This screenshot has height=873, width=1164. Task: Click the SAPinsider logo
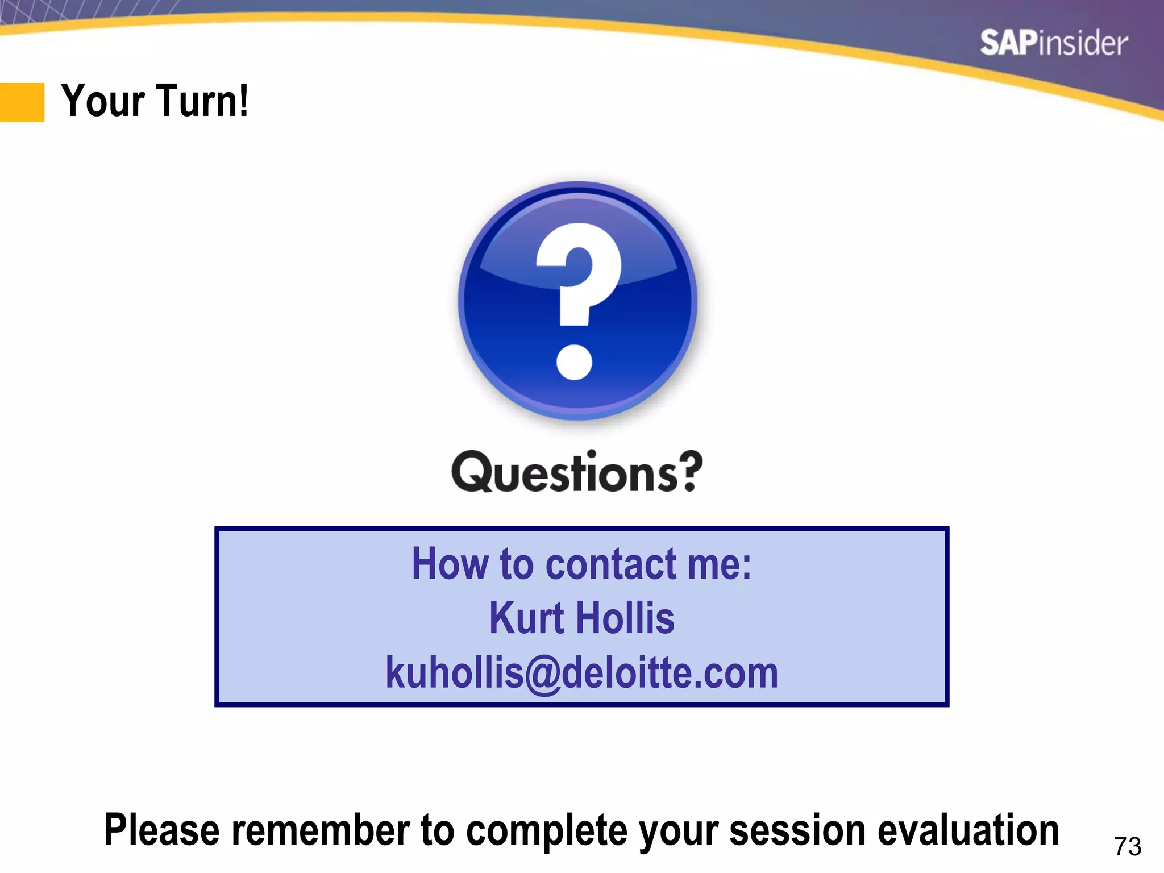pos(1054,43)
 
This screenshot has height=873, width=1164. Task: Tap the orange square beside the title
pos(22,102)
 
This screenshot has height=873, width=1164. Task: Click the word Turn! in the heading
pos(202,101)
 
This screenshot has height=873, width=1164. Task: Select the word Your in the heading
pos(103,101)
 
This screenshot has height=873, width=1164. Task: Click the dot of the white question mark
pos(575,361)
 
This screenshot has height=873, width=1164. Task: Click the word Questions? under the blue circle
pos(577,472)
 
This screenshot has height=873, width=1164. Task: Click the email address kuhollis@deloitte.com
pos(581,672)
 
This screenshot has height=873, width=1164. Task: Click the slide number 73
pos(1128,846)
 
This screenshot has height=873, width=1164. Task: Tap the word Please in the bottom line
pos(161,830)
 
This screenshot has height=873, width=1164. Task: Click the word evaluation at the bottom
pos(968,830)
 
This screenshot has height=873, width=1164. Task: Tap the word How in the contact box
pos(450,564)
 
